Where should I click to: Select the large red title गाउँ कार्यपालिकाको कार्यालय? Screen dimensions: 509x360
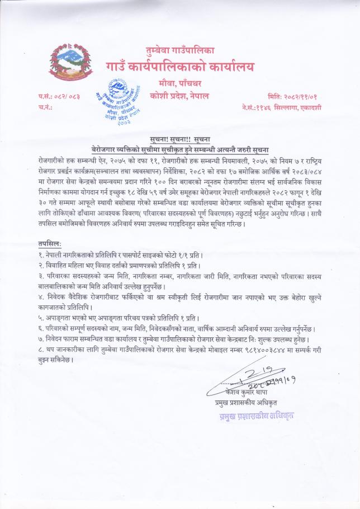[180, 68]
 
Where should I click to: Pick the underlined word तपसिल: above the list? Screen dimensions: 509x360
[50, 244]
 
